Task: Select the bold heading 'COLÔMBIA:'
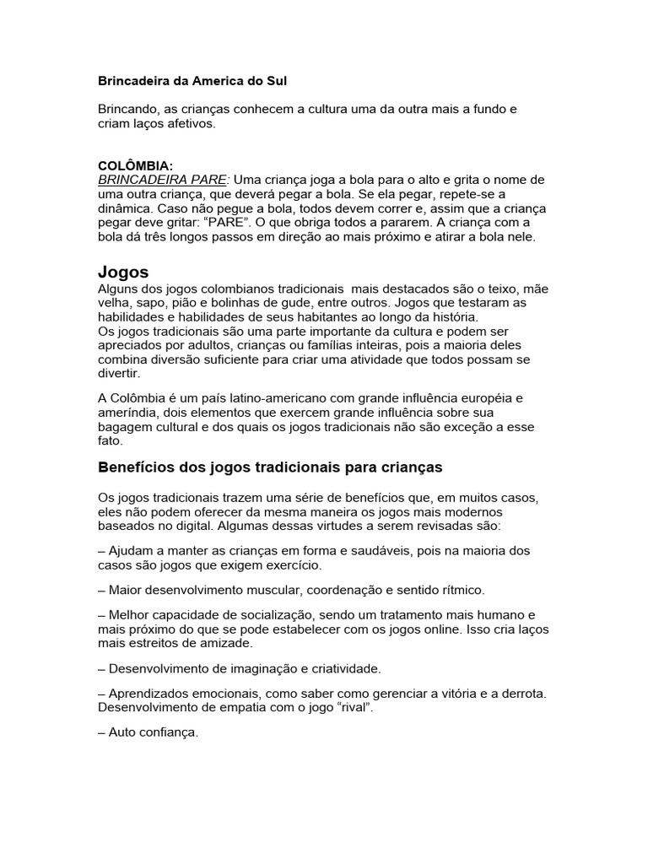[136, 166]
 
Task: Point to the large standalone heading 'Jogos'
[123, 272]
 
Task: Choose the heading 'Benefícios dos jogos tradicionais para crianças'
[271, 467]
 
